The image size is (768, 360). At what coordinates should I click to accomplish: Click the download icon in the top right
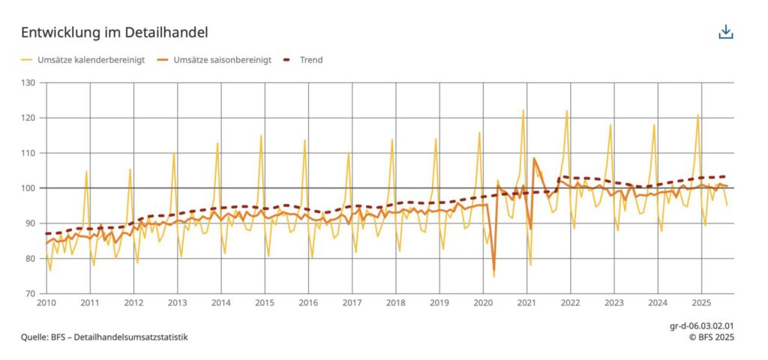point(725,31)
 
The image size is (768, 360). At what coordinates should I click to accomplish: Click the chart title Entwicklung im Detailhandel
point(114,32)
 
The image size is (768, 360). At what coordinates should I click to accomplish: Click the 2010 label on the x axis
point(46,303)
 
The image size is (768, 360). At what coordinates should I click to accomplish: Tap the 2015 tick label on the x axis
point(265,303)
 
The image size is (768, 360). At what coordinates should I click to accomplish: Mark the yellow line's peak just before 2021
point(523,110)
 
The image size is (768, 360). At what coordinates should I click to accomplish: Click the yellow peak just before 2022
point(567,111)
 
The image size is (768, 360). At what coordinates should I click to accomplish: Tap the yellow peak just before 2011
point(86,172)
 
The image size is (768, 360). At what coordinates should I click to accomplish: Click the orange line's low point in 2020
point(494,270)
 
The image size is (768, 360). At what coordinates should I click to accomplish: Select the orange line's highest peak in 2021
point(534,158)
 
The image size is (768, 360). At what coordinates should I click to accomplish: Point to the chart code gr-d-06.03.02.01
point(701,327)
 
